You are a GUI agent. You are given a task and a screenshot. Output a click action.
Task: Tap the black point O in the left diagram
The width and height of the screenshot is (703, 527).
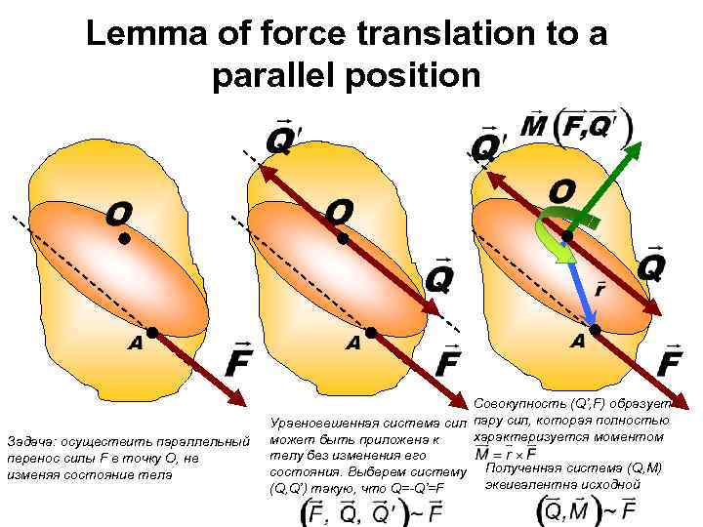(x=124, y=238)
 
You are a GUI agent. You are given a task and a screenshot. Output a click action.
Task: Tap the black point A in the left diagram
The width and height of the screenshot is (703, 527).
(x=152, y=333)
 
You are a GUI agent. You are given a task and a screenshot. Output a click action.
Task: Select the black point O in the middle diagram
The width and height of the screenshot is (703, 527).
(x=343, y=238)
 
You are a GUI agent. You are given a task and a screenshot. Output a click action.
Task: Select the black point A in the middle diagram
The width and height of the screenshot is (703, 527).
(x=371, y=333)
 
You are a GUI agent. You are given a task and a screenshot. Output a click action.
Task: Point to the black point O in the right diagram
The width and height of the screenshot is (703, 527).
(x=567, y=235)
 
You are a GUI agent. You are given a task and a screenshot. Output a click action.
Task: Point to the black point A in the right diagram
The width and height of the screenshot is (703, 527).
(x=596, y=329)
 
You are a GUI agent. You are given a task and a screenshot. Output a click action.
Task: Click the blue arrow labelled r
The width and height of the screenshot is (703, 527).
(x=582, y=283)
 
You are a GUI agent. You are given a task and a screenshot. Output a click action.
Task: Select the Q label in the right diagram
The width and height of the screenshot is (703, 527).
(x=651, y=263)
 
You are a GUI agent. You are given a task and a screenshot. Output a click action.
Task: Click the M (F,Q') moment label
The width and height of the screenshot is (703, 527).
(x=575, y=127)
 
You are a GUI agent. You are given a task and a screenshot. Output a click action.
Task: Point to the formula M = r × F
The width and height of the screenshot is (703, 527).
(x=506, y=454)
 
